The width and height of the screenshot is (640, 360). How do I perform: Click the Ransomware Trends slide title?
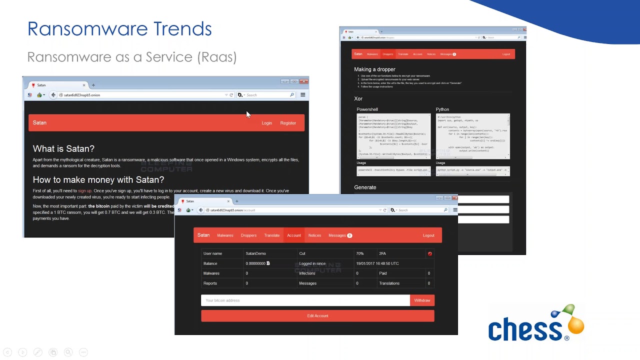point(119,29)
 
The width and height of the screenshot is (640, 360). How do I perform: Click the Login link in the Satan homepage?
point(266,123)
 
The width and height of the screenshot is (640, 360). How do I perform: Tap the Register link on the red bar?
point(288,123)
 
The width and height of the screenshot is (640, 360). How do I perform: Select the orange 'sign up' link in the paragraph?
point(84,190)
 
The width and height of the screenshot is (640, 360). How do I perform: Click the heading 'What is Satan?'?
point(63,148)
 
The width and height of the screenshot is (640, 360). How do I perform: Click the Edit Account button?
point(317,315)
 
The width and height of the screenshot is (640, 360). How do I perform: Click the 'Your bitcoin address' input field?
point(305,300)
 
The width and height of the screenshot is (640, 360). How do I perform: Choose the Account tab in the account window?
point(294,235)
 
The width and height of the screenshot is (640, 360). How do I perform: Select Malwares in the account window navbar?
point(225,235)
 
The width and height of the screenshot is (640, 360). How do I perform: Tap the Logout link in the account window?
point(428,235)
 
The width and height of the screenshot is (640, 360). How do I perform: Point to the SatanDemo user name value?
point(255,253)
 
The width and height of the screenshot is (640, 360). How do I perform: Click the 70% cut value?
point(359,253)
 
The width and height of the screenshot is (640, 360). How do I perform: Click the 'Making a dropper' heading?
point(374,69)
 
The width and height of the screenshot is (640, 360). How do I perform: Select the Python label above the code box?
point(442,109)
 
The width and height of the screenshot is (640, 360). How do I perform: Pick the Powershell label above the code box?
point(367,109)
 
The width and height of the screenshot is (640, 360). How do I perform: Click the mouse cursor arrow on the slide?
point(248,115)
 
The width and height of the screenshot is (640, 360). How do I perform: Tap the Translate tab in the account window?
point(271,235)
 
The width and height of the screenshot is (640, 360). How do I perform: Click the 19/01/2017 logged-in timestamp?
point(377,263)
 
